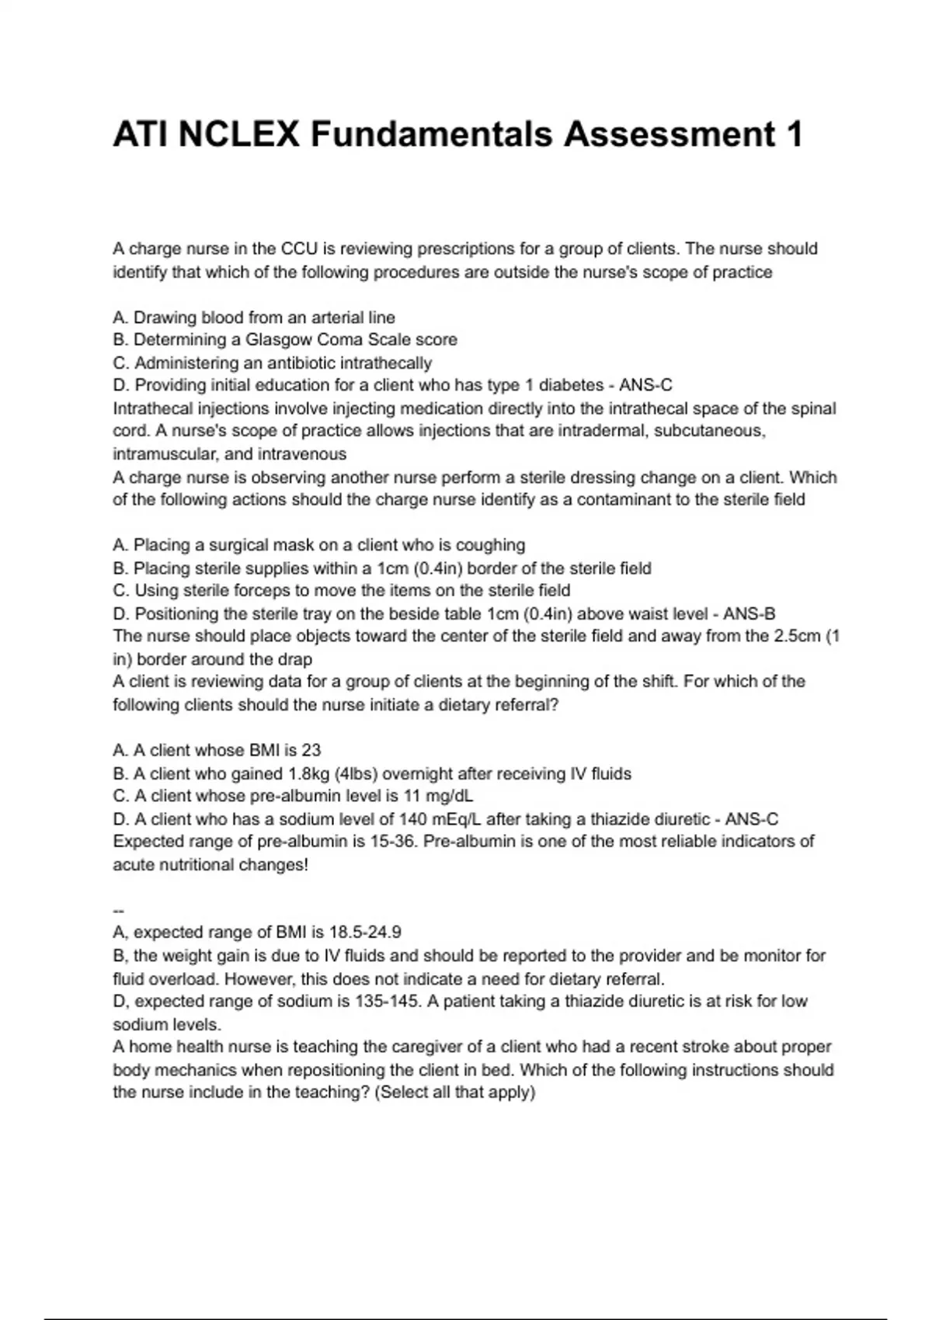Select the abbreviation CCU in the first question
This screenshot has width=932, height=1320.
click(299, 249)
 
